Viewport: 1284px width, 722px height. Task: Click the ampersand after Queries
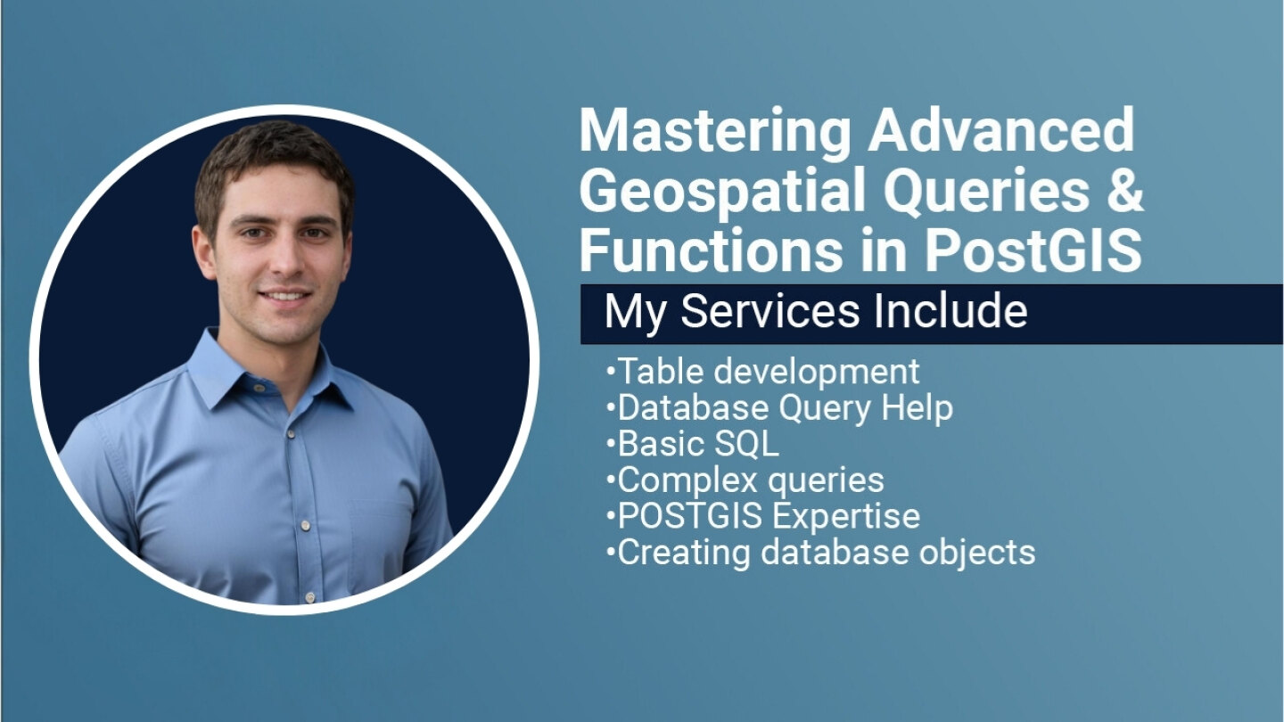1124,190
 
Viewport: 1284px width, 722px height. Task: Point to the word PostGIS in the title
1033,251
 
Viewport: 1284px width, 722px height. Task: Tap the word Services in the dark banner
770,311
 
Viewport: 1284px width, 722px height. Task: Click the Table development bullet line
763,373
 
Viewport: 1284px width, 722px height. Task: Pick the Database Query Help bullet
779,408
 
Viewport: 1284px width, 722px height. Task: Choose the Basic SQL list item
693,444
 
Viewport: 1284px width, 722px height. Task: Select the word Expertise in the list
847,517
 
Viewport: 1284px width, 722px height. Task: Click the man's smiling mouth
284,297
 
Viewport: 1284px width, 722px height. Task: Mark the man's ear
203,252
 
